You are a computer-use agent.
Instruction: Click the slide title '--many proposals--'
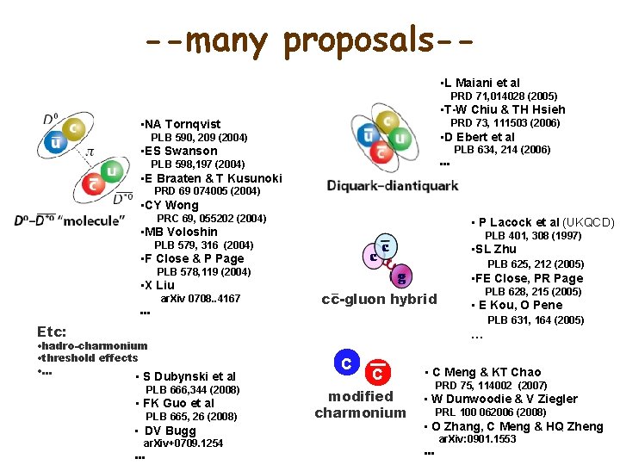click(310, 40)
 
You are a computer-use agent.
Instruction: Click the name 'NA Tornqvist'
click(183, 124)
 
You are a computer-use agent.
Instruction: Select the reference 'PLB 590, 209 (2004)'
click(199, 138)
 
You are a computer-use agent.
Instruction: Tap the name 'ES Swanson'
click(181, 152)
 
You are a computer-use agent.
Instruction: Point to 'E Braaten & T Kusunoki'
click(213, 178)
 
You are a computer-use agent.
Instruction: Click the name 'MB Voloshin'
click(181, 232)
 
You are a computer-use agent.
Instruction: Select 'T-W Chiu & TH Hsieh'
click(505, 109)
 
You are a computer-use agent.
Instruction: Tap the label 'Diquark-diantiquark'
click(393, 185)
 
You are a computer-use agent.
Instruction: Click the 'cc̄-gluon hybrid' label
click(379, 300)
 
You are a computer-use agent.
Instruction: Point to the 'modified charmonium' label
click(360, 404)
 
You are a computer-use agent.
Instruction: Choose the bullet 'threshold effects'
click(90, 357)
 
